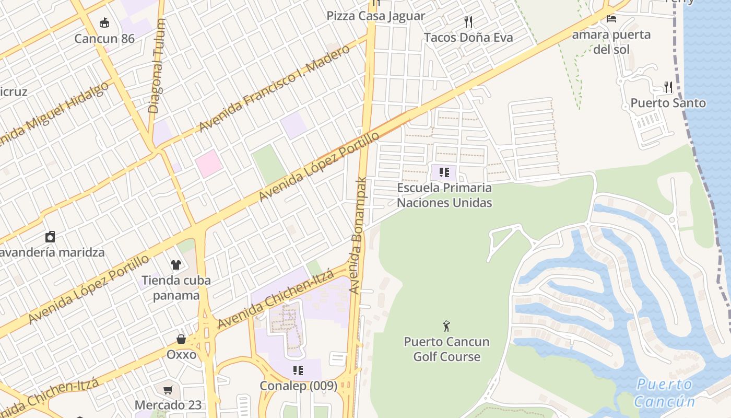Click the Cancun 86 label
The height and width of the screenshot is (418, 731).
pyautogui.click(x=104, y=39)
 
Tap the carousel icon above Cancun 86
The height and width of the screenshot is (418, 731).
pyautogui.click(x=104, y=22)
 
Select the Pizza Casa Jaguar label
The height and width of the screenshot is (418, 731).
pyautogui.click(x=376, y=16)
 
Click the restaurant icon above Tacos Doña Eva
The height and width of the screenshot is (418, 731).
pyautogui.click(x=468, y=22)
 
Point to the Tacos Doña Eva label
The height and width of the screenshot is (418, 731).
pyautogui.click(x=468, y=38)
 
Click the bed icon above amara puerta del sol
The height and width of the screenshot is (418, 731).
pyautogui.click(x=611, y=19)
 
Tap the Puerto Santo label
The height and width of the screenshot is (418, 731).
pyautogui.click(x=668, y=103)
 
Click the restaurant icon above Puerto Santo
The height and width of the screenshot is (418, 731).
pyautogui.click(x=668, y=86)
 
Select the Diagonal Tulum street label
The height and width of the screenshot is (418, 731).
pyautogui.click(x=157, y=66)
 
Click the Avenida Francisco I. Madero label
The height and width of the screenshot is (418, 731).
pyautogui.click(x=274, y=88)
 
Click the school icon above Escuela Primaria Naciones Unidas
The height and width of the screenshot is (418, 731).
pyautogui.click(x=444, y=172)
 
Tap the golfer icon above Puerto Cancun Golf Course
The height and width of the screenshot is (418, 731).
pyautogui.click(x=446, y=327)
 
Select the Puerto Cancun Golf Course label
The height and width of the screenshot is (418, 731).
pyautogui.click(x=446, y=349)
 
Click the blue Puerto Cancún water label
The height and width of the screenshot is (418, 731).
pyautogui.click(x=664, y=393)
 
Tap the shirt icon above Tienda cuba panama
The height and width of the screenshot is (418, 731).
pyautogui.click(x=175, y=265)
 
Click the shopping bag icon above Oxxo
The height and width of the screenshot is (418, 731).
pyautogui.click(x=181, y=339)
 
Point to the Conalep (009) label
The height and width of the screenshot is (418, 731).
pyautogui.click(x=298, y=386)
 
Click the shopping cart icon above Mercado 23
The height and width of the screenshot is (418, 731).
pyautogui.click(x=168, y=390)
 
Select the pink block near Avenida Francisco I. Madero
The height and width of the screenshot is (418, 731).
pyautogui.click(x=209, y=164)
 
